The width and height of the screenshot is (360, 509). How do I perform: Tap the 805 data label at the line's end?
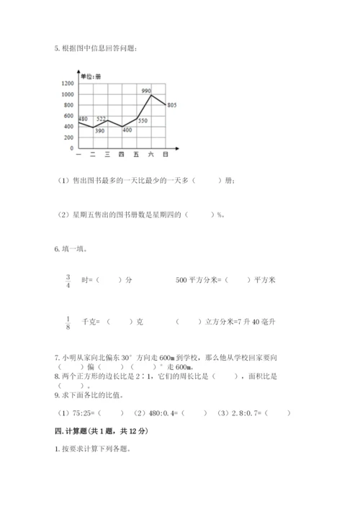click(171, 106)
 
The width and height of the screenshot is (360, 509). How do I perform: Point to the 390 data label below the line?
click(99, 130)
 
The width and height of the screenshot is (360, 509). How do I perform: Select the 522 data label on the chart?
click(102, 119)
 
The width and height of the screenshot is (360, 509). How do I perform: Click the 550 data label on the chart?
click(143, 120)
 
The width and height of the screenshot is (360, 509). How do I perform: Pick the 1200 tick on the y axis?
click(68, 84)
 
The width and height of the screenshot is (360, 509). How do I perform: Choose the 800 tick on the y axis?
click(69, 105)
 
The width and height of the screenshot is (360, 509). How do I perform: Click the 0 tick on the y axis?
click(72, 148)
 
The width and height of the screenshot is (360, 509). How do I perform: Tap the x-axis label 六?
click(150, 155)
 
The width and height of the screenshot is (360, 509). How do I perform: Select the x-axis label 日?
click(166, 155)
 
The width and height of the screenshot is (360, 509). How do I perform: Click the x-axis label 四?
click(121, 155)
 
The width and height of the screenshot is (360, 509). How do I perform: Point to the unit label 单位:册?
click(91, 76)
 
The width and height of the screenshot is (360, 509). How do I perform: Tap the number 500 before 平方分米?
click(181, 280)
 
